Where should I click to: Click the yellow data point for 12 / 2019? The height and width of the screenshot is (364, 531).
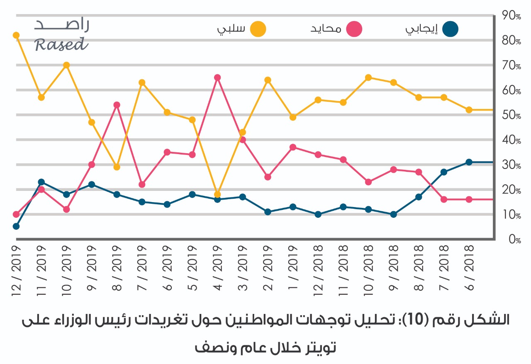pyautogui.click(x=16, y=35)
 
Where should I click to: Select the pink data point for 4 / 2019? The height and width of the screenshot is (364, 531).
pyautogui.click(x=217, y=77)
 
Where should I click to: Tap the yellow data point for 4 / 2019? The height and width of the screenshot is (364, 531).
pyautogui.click(x=217, y=194)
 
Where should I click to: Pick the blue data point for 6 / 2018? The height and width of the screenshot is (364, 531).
pyautogui.click(x=469, y=162)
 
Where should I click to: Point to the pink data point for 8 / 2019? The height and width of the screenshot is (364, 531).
pyautogui.click(x=117, y=105)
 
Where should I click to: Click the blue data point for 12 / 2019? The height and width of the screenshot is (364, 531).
pyautogui.click(x=16, y=226)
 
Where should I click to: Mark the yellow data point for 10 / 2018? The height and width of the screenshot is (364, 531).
pyautogui.click(x=368, y=77)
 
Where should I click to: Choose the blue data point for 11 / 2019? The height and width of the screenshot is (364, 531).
pyautogui.click(x=41, y=182)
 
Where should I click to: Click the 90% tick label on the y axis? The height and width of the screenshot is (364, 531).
pyautogui.click(x=511, y=16)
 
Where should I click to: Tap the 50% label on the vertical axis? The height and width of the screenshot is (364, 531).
pyautogui.click(x=511, y=115)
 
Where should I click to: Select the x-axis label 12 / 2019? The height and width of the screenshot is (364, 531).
pyautogui.click(x=16, y=269)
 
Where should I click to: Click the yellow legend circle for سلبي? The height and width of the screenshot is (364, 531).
pyautogui.click(x=258, y=29)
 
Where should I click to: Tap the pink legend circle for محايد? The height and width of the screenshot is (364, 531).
pyautogui.click(x=354, y=29)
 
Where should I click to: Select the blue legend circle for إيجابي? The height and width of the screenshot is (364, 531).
pyautogui.click(x=451, y=29)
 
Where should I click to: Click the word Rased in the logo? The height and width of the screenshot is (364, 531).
pyautogui.click(x=61, y=44)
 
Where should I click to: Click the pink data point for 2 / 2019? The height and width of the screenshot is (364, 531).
pyautogui.click(x=268, y=177)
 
